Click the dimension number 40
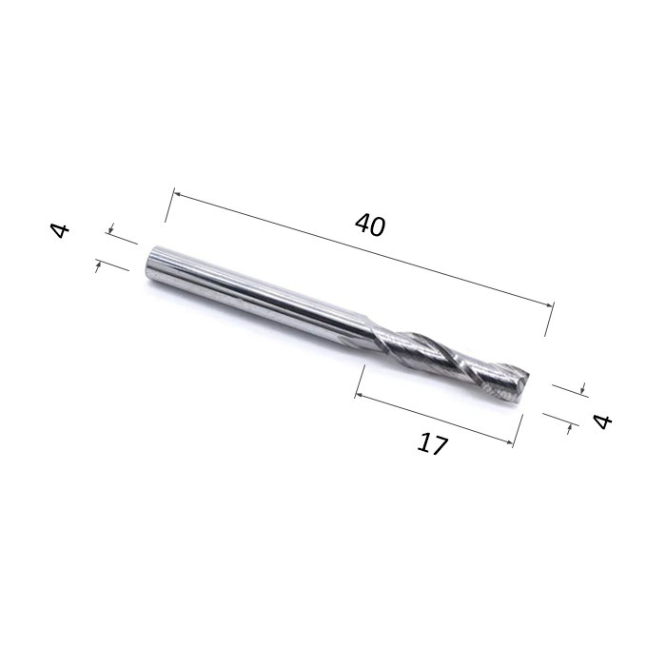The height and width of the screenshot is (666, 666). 370,225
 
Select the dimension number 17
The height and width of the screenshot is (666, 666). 432,444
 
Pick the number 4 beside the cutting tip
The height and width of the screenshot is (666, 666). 602,421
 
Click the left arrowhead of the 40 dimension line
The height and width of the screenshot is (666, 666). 178,194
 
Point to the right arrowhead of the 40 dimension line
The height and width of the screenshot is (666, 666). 550,304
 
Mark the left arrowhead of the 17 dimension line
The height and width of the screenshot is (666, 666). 360,395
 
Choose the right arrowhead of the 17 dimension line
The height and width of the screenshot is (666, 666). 509,442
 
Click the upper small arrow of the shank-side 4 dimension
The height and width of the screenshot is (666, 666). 111,228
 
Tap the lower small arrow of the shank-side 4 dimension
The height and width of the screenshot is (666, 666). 98,267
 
